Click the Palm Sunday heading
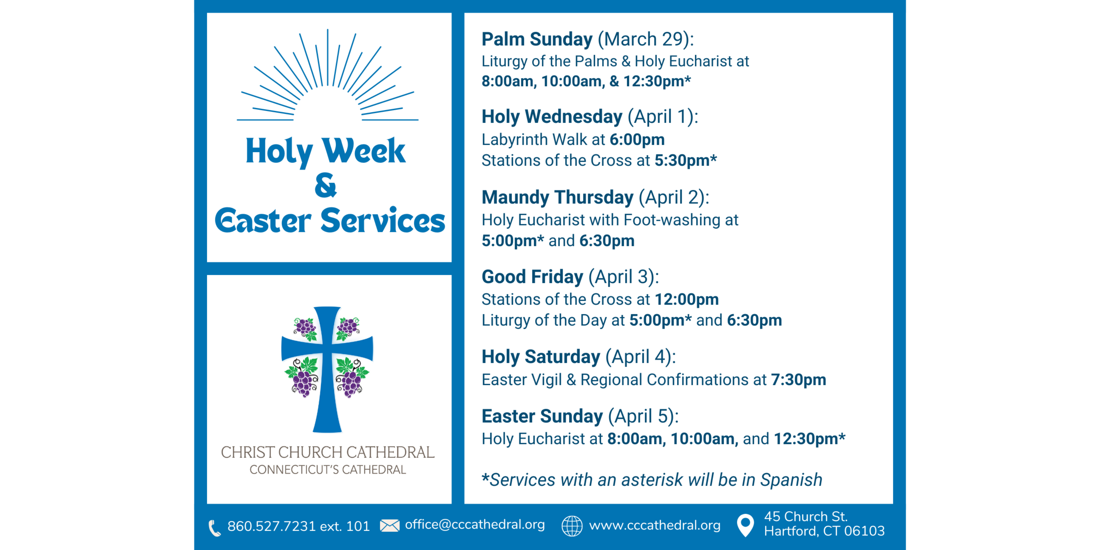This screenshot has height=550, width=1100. point(537,39)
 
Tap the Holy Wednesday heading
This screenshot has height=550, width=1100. point(552,117)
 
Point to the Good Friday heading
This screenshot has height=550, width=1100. point(532,277)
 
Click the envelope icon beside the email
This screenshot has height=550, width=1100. point(389,526)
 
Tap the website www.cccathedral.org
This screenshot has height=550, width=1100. point(655,525)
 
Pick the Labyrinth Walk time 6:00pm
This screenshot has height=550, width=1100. point(637,140)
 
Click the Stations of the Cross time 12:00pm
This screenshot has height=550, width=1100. point(687,299)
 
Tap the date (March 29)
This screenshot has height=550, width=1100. point(646,39)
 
